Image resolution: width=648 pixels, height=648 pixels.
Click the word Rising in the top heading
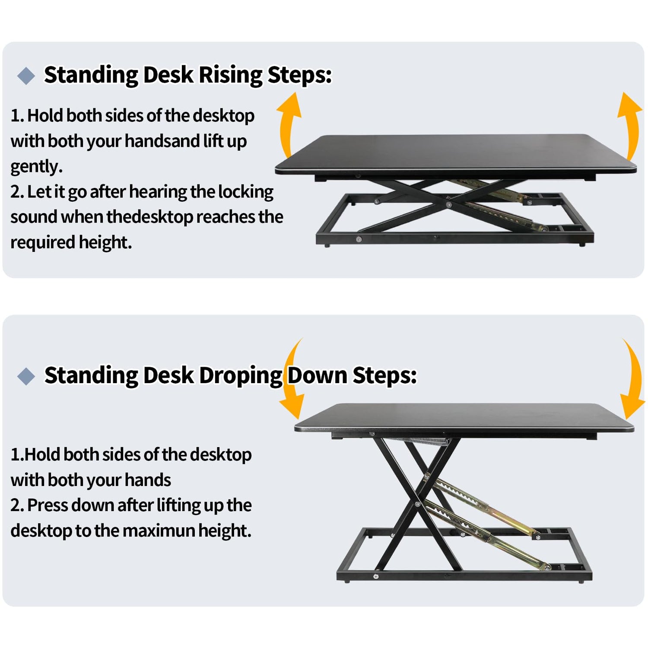(x=230, y=75)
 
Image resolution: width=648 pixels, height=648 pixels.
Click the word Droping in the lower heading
(x=240, y=376)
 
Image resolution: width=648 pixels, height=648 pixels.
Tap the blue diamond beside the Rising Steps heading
(x=26, y=76)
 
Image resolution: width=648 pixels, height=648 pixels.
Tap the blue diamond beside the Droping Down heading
(x=26, y=376)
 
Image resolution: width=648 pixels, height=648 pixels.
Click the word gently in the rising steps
(x=37, y=167)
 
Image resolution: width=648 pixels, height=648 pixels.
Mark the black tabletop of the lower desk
(x=464, y=418)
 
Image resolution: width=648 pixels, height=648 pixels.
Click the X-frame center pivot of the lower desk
(x=417, y=504)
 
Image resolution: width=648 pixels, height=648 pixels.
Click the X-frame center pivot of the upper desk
(x=449, y=204)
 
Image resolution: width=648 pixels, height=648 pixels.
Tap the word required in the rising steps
(x=43, y=243)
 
